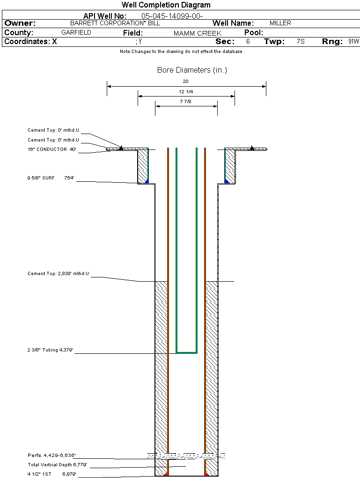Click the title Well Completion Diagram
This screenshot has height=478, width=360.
[x=166, y=5]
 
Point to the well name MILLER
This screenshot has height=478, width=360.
[x=280, y=23]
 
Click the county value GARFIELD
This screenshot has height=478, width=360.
[x=76, y=33]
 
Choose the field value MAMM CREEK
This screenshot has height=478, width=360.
[x=198, y=33]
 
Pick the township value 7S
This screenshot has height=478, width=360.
[x=301, y=42]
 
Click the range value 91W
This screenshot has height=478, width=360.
[x=353, y=42]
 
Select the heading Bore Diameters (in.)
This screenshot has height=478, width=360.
[x=192, y=70]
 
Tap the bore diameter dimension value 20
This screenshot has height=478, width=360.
[x=186, y=82]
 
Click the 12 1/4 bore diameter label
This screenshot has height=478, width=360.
[x=186, y=91]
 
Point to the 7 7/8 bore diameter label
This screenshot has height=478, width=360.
[x=186, y=101]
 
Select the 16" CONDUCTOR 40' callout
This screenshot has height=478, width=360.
[x=52, y=150]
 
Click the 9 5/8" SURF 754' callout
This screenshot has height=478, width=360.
[x=51, y=178]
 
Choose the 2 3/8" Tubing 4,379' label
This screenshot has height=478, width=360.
[x=51, y=350]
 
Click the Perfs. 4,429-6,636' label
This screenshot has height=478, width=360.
[x=52, y=456]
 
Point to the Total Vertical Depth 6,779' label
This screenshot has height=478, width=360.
[x=57, y=465]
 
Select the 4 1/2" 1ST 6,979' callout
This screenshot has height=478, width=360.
[x=52, y=474]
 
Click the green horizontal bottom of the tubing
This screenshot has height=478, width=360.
[x=186, y=352]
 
